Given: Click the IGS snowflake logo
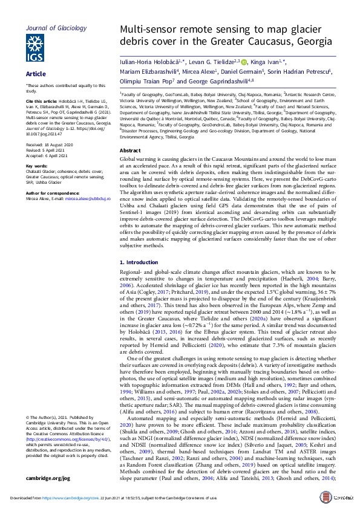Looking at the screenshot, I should [34, 47].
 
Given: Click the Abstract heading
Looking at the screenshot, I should [131, 150].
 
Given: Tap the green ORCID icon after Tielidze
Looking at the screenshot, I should [244, 62].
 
